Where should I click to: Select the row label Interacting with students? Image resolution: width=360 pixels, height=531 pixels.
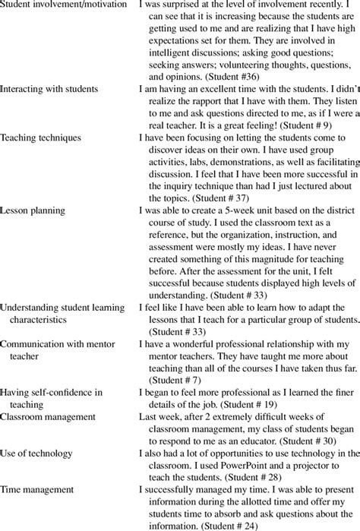click(49, 89)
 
